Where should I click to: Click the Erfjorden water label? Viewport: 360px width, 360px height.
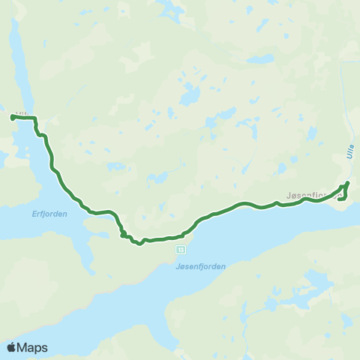[49, 214]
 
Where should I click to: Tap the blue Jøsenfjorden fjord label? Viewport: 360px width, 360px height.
[199, 265]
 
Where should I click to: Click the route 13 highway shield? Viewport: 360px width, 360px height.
[181, 248]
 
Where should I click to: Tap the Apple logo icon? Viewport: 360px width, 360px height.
[13, 347]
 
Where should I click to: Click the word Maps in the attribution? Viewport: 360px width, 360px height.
[34, 347]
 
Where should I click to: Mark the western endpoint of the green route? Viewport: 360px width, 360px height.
[12, 117]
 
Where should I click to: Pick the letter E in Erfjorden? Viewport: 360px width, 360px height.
[34, 214]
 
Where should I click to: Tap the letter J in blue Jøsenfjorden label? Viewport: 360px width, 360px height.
[176, 265]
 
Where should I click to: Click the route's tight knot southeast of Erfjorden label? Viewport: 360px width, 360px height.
[123, 235]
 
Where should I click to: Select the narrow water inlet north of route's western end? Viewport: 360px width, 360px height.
[21, 75]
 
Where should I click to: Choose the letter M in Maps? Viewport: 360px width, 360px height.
[24, 347]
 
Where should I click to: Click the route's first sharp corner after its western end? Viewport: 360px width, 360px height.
[35, 119]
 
